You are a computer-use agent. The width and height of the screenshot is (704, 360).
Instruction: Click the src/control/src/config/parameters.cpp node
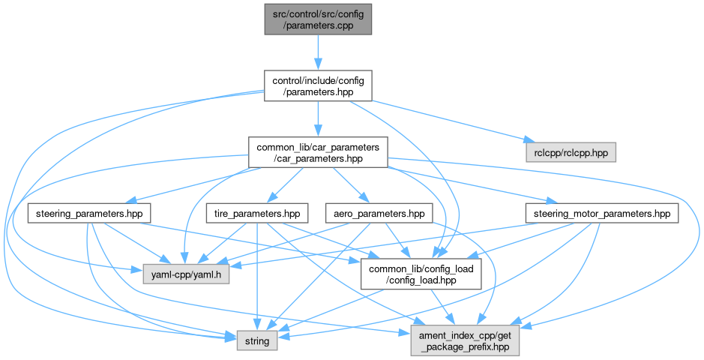(317, 17)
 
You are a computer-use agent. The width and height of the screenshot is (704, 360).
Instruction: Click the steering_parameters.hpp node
(89, 214)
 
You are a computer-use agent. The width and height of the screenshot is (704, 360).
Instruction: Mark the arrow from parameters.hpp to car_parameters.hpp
(317, 118)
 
